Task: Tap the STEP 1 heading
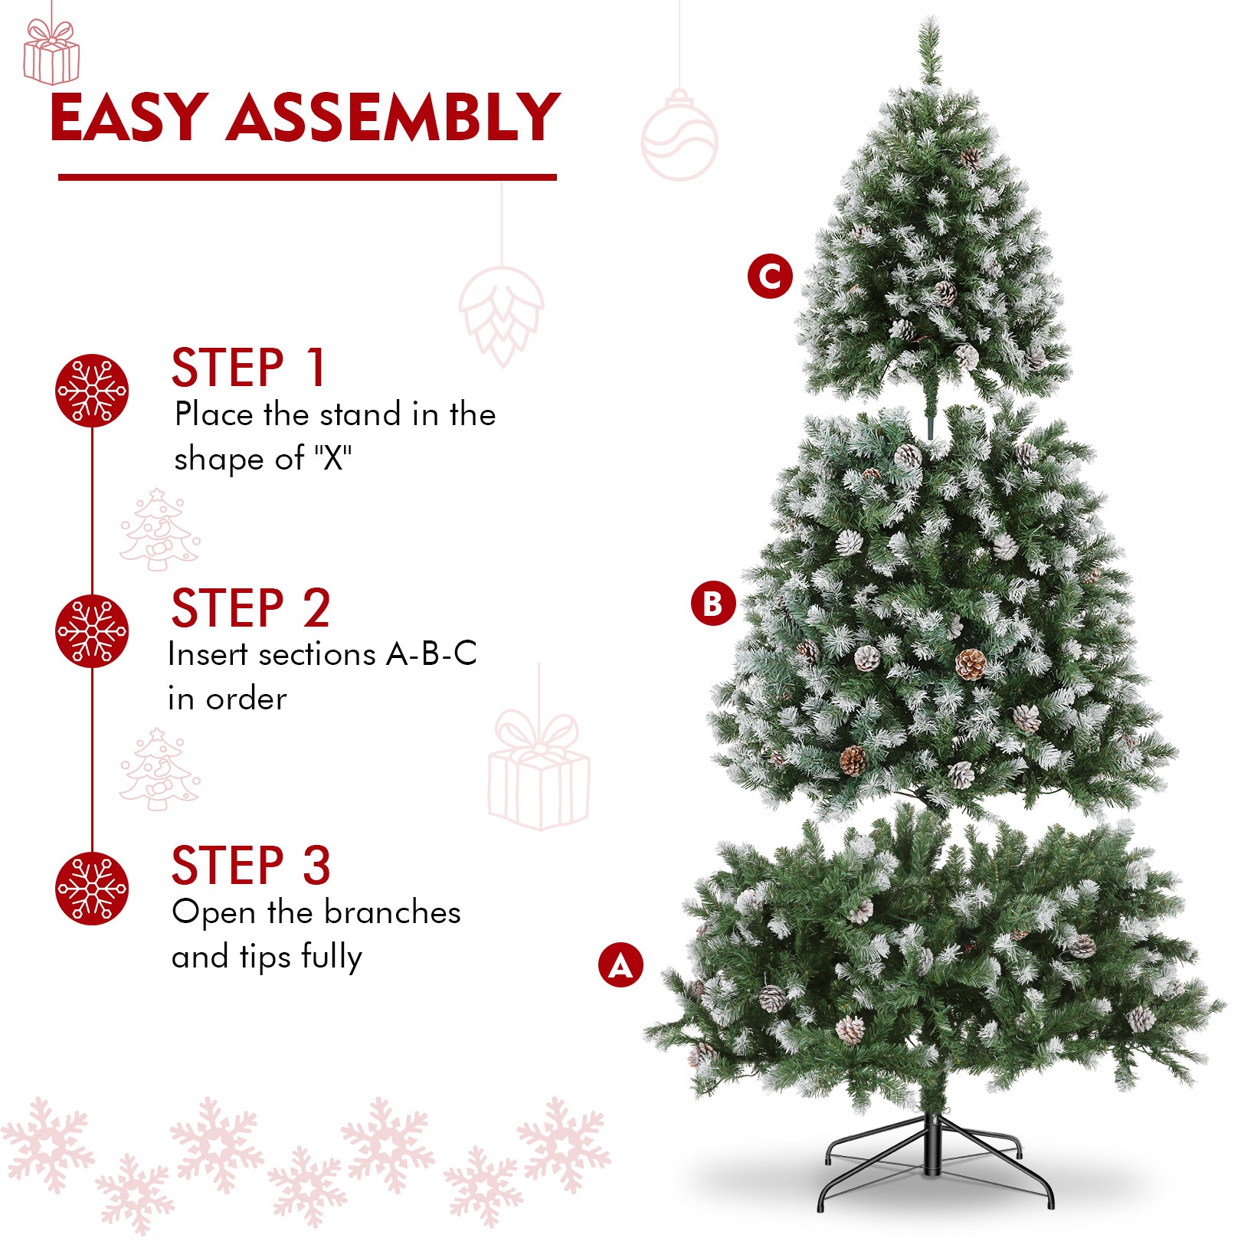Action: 250,368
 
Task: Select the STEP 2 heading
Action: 251,608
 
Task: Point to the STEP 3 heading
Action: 251,866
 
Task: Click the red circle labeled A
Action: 620,964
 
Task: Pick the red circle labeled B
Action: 713,604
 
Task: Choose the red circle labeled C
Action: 770,277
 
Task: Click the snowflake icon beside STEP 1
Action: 92,391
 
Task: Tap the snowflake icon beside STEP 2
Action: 92,631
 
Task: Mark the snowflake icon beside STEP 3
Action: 92,889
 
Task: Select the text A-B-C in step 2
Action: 431,654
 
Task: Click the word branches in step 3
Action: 392,912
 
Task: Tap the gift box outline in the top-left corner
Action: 51,52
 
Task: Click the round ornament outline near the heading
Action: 679,136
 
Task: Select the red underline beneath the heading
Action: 307,178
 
